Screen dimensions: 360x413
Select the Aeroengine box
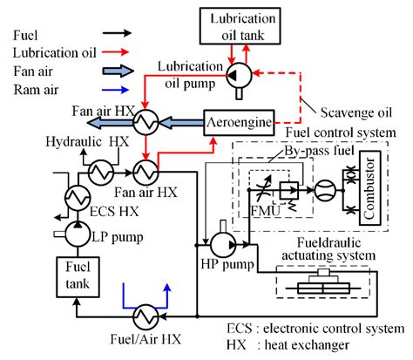238,123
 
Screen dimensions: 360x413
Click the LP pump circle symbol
76,231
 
